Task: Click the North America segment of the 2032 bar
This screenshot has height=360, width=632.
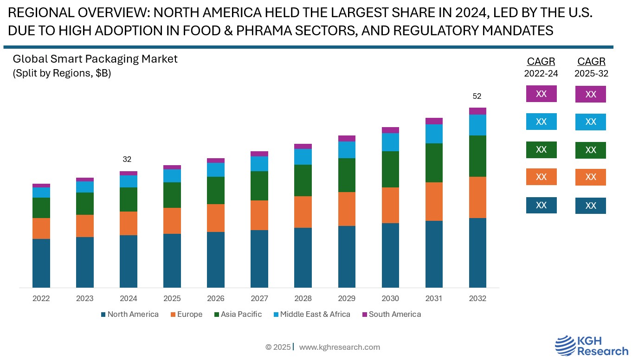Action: [477, 253]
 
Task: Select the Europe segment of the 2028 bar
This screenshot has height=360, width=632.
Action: [303, 212]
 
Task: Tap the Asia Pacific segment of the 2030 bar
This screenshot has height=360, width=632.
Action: [390, 169]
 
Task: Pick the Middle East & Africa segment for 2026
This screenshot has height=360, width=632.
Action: [216, 170]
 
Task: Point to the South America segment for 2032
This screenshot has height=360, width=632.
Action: [477, 111]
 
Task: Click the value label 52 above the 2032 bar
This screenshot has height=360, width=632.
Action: [477, 96]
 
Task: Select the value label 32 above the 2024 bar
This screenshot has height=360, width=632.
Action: [127, 159]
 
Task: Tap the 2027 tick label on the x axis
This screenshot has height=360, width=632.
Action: [259, 298]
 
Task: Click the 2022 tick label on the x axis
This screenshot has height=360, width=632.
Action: [41, 298]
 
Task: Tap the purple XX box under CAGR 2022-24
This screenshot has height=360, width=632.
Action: [541, 94]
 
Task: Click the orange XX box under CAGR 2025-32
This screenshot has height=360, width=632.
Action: [591, 177]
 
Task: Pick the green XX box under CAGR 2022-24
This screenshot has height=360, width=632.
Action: [541, 150]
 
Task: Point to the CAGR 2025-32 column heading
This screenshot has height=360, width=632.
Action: [591, 67]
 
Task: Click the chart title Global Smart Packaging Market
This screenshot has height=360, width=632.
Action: [95, 59]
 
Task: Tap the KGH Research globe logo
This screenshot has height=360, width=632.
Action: [565, 346]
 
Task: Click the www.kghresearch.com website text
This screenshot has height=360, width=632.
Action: [340, 347]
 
